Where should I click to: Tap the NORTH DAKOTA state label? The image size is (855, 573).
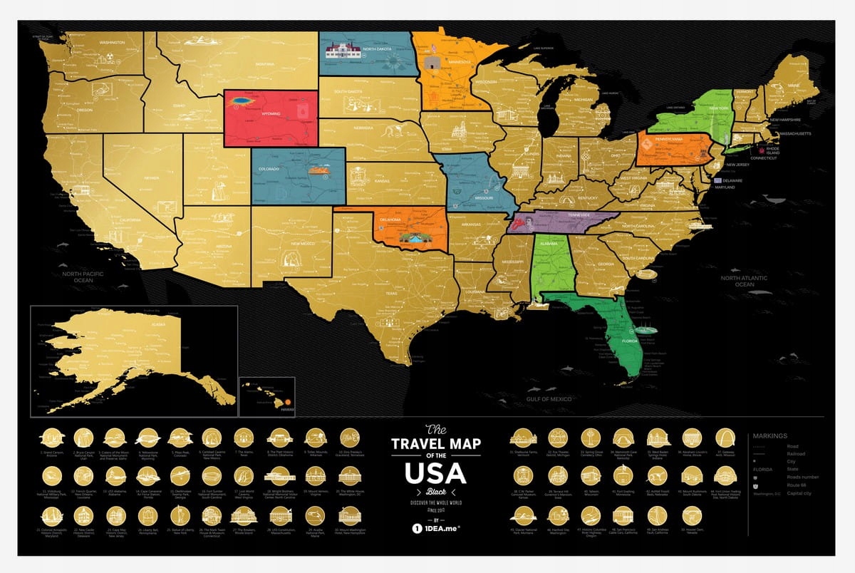(x=378, y=49)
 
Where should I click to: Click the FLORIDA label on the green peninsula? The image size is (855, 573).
(x=631, y=340)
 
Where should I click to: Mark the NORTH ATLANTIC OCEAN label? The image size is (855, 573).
(x=744, y=281)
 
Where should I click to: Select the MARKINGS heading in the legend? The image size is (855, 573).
(x=769, y=436)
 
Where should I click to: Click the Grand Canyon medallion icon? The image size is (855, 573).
(x=50, y=437)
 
